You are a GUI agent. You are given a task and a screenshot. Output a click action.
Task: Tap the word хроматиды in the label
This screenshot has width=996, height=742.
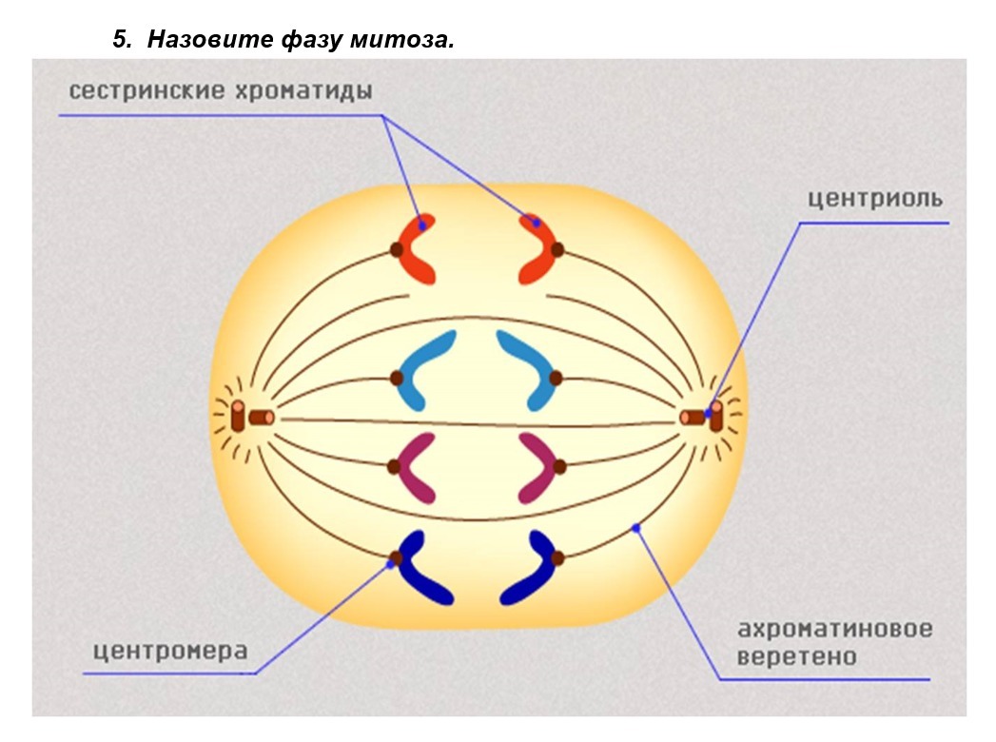[304, 91]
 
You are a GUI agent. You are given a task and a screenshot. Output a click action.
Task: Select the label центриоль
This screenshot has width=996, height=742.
[875, 199]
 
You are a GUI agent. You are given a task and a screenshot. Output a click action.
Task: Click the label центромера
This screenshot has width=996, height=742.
[170, 652]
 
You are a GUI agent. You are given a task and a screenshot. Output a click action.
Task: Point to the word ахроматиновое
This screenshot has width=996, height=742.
[834, 629]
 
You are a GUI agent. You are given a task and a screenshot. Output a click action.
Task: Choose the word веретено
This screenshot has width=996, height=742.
[796, 656]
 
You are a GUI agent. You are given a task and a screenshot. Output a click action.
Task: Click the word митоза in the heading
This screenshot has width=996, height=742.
[402, 40]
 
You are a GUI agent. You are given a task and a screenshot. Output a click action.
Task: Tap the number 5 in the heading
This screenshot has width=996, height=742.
[122, 40]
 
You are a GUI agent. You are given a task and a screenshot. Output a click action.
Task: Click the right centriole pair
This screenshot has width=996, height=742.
[701, 417]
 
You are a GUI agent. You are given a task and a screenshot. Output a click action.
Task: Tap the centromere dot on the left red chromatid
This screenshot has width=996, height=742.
[397, 249]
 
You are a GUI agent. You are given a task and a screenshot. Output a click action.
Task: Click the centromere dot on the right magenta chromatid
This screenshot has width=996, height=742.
[559, 467]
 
